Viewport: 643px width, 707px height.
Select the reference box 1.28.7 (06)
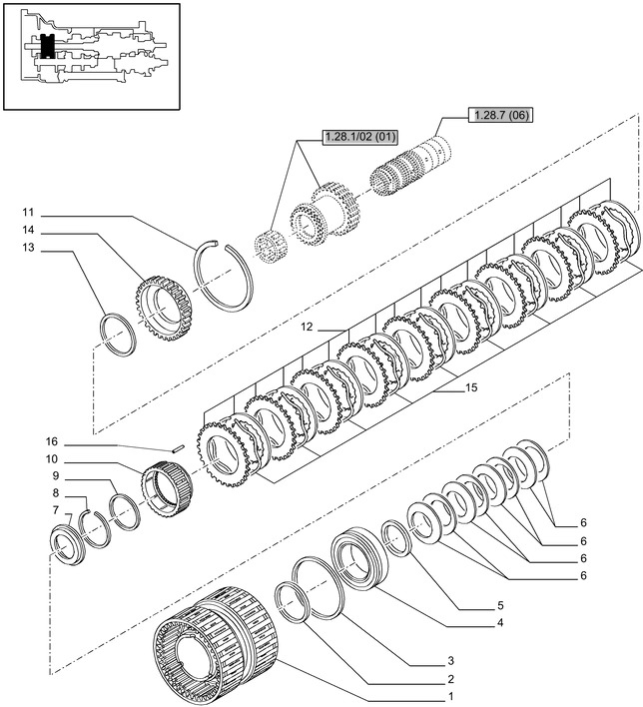tap(498, 115)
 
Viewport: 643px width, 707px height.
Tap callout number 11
tap(28, 212)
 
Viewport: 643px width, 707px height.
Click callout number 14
tap(28, 231)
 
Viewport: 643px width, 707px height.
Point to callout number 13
tap(28, 248)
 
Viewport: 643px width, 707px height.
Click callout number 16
tap(52, 441)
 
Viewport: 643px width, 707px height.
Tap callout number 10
tap(52, 458)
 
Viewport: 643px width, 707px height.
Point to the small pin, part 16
tap(176, 447)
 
